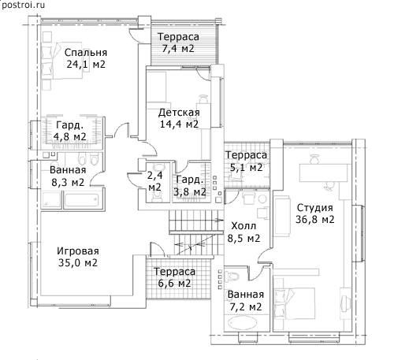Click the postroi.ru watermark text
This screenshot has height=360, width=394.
[x=23, y=5]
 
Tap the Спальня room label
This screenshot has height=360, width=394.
[x=86, y=53]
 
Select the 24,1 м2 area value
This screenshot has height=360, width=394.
[x=86, y=64]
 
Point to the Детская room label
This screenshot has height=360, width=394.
[x=179, y=113]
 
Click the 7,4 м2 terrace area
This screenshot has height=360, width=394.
[x=178, y=49]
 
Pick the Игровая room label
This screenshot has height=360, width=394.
[x=78, y=251]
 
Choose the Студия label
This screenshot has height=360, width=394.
[x=315, y=208]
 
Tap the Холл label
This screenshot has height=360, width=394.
[x=243, y=226]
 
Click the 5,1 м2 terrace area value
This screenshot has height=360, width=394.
[x=246, y=167]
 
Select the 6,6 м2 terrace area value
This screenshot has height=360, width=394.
[x=174, y=284]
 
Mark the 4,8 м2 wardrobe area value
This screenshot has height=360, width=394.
[x=70, y=136]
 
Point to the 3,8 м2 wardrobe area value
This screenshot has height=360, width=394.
[x=190, y=191]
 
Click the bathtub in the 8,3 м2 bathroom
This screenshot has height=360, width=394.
[x=81, y=200]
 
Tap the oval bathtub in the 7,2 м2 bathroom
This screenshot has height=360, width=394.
[x=242, y=323]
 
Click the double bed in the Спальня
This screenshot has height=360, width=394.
[x=62, y=61]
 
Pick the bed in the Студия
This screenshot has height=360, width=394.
[x=294, y=303]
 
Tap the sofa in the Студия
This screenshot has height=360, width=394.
[x=283, y=216]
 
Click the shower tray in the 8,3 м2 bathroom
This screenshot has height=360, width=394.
[x=51, y=200]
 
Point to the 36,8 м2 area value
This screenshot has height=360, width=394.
[x=315, y=219]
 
